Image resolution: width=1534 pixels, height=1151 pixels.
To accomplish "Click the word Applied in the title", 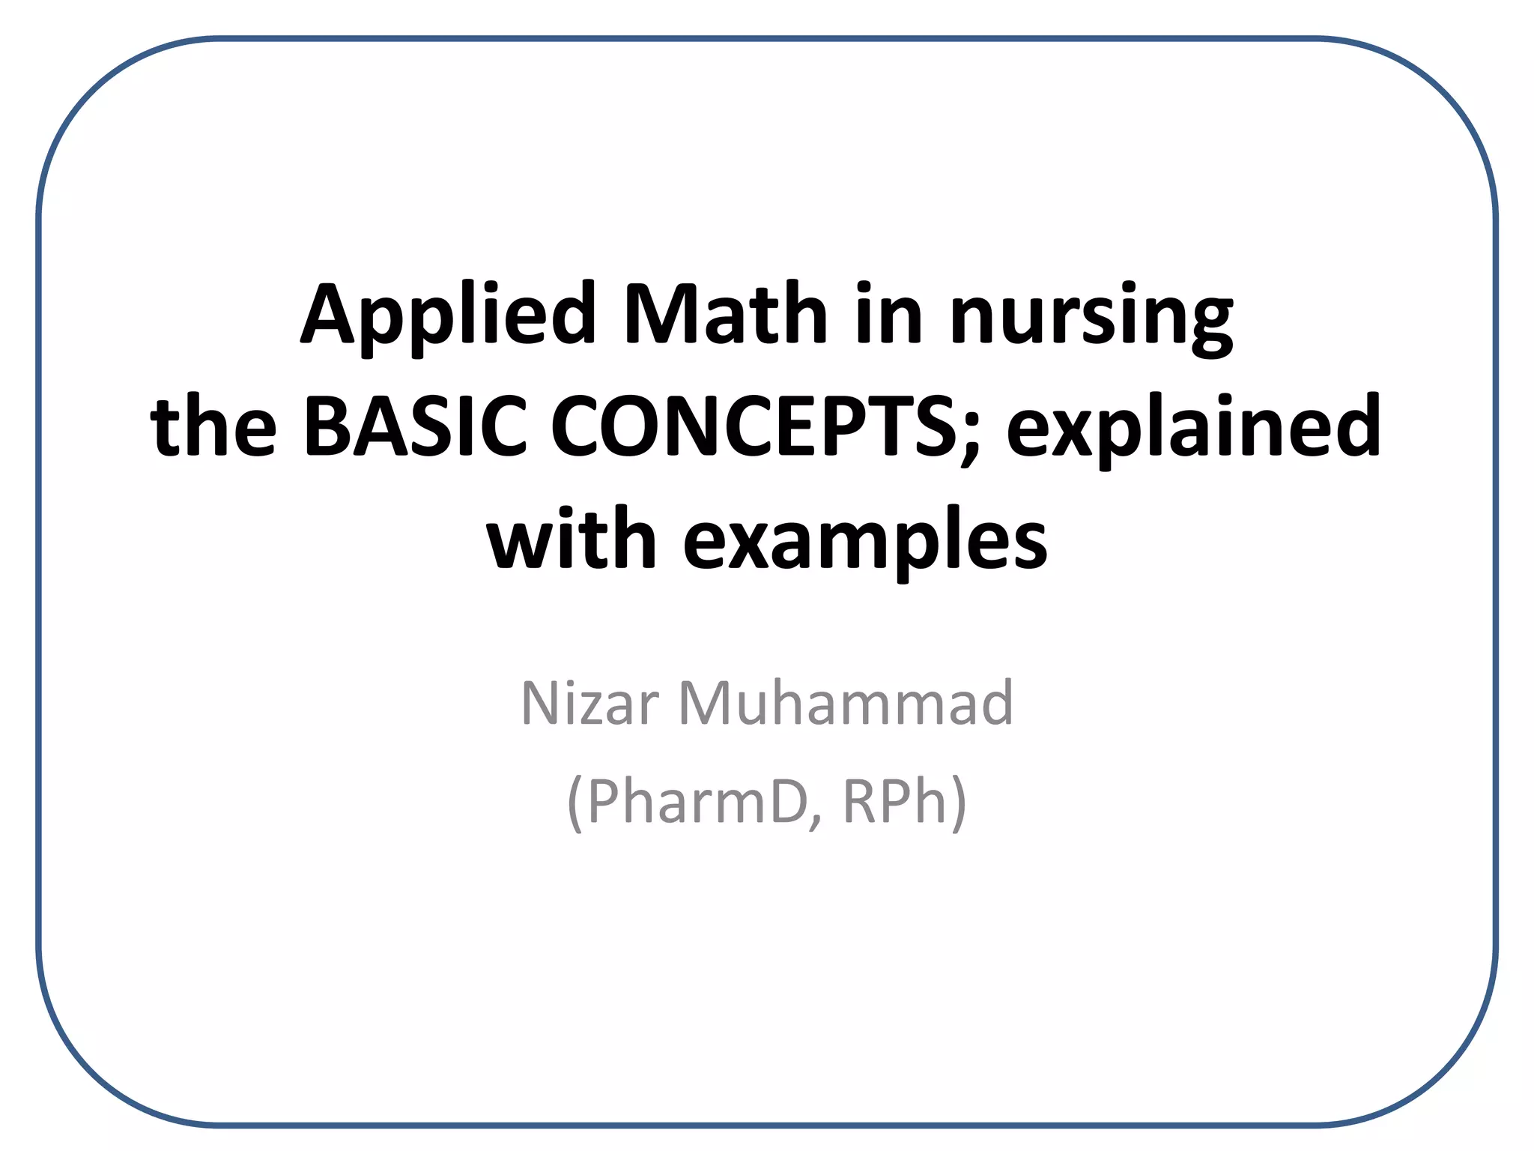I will click(x=448, y=315).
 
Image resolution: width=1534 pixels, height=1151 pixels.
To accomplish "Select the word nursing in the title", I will click(x=1091, y=318).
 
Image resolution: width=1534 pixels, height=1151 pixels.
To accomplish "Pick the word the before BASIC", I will click(x=213, y=427).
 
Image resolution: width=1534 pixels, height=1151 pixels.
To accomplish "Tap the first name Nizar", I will click(x=589, y=704).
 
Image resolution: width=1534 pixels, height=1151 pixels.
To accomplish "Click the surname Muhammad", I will click(x=846, y=704).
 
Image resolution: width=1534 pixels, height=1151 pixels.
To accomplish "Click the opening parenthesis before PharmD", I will click(x=575, y=803).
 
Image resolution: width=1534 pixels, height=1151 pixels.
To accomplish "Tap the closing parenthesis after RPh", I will click(x=959, y=803).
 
